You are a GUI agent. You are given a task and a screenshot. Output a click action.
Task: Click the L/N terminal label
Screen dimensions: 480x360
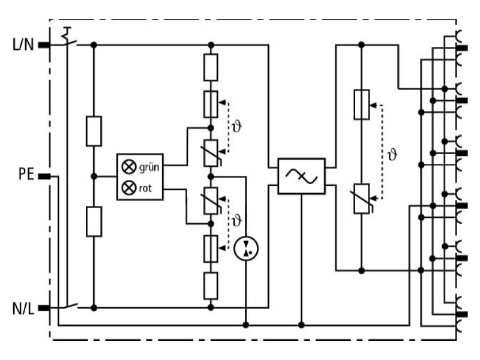click(23, 44)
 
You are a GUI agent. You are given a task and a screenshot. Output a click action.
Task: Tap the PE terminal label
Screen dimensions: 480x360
click(26, 174)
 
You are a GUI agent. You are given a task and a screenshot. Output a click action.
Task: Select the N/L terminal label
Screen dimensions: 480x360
click(23, 308)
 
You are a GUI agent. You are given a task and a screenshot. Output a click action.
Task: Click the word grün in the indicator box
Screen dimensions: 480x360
click(149, 168)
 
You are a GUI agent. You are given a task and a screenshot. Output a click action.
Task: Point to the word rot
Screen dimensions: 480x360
click(145, 188)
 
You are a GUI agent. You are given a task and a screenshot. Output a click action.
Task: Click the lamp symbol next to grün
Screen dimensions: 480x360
click(129, 167)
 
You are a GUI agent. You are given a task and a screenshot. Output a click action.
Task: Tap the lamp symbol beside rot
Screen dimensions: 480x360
click(129, 187)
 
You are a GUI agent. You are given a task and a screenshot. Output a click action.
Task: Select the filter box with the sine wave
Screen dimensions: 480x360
click(302, 176)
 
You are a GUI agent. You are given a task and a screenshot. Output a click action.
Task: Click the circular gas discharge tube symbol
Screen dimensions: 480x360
click(246, 248)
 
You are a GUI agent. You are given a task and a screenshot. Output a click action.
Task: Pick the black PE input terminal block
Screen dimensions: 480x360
click(44, 176)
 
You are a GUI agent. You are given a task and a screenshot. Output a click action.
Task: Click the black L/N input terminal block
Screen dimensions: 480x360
click(44, 46)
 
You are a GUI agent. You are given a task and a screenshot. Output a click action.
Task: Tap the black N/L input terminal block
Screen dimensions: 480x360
click(44, 308)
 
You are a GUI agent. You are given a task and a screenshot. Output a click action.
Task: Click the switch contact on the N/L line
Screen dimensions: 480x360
click(71, 305)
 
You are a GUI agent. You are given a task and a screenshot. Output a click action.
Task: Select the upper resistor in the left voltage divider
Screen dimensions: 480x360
click(94, 131)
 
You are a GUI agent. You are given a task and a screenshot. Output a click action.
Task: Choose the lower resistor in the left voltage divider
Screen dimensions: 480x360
click(94, 221)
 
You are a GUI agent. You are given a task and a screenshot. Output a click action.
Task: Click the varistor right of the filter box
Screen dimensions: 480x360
click(362, 199)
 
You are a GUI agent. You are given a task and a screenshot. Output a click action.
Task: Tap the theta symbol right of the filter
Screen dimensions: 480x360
click(392, 155)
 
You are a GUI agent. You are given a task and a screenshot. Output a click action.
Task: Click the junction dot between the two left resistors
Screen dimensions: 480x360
click(94, 176)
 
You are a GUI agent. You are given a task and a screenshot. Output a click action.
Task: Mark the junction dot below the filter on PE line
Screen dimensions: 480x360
click(302, 325)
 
